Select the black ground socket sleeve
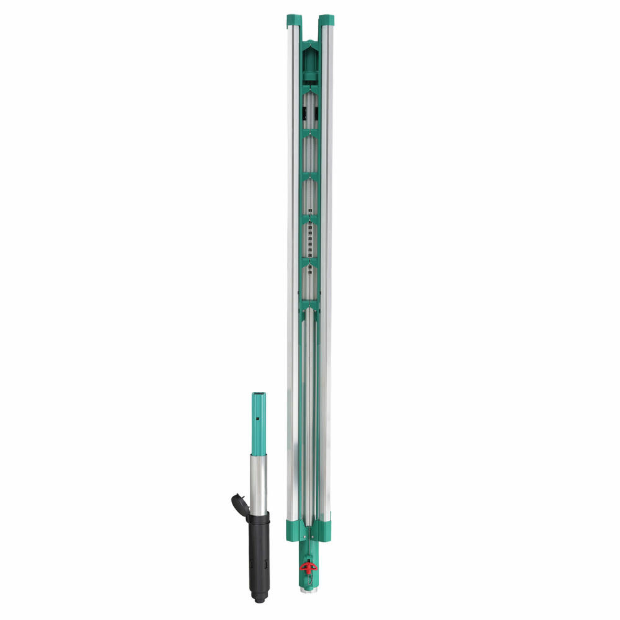pyautogui.click(x=259, y=552)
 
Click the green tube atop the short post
pyautogui.click(x=258, y=422)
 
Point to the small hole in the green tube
pyautogui.click(x=256, y=420)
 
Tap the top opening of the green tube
pyautogui.click(x=258, y=394)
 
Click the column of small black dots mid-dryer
pyautogui.click(x=309, y=239)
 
